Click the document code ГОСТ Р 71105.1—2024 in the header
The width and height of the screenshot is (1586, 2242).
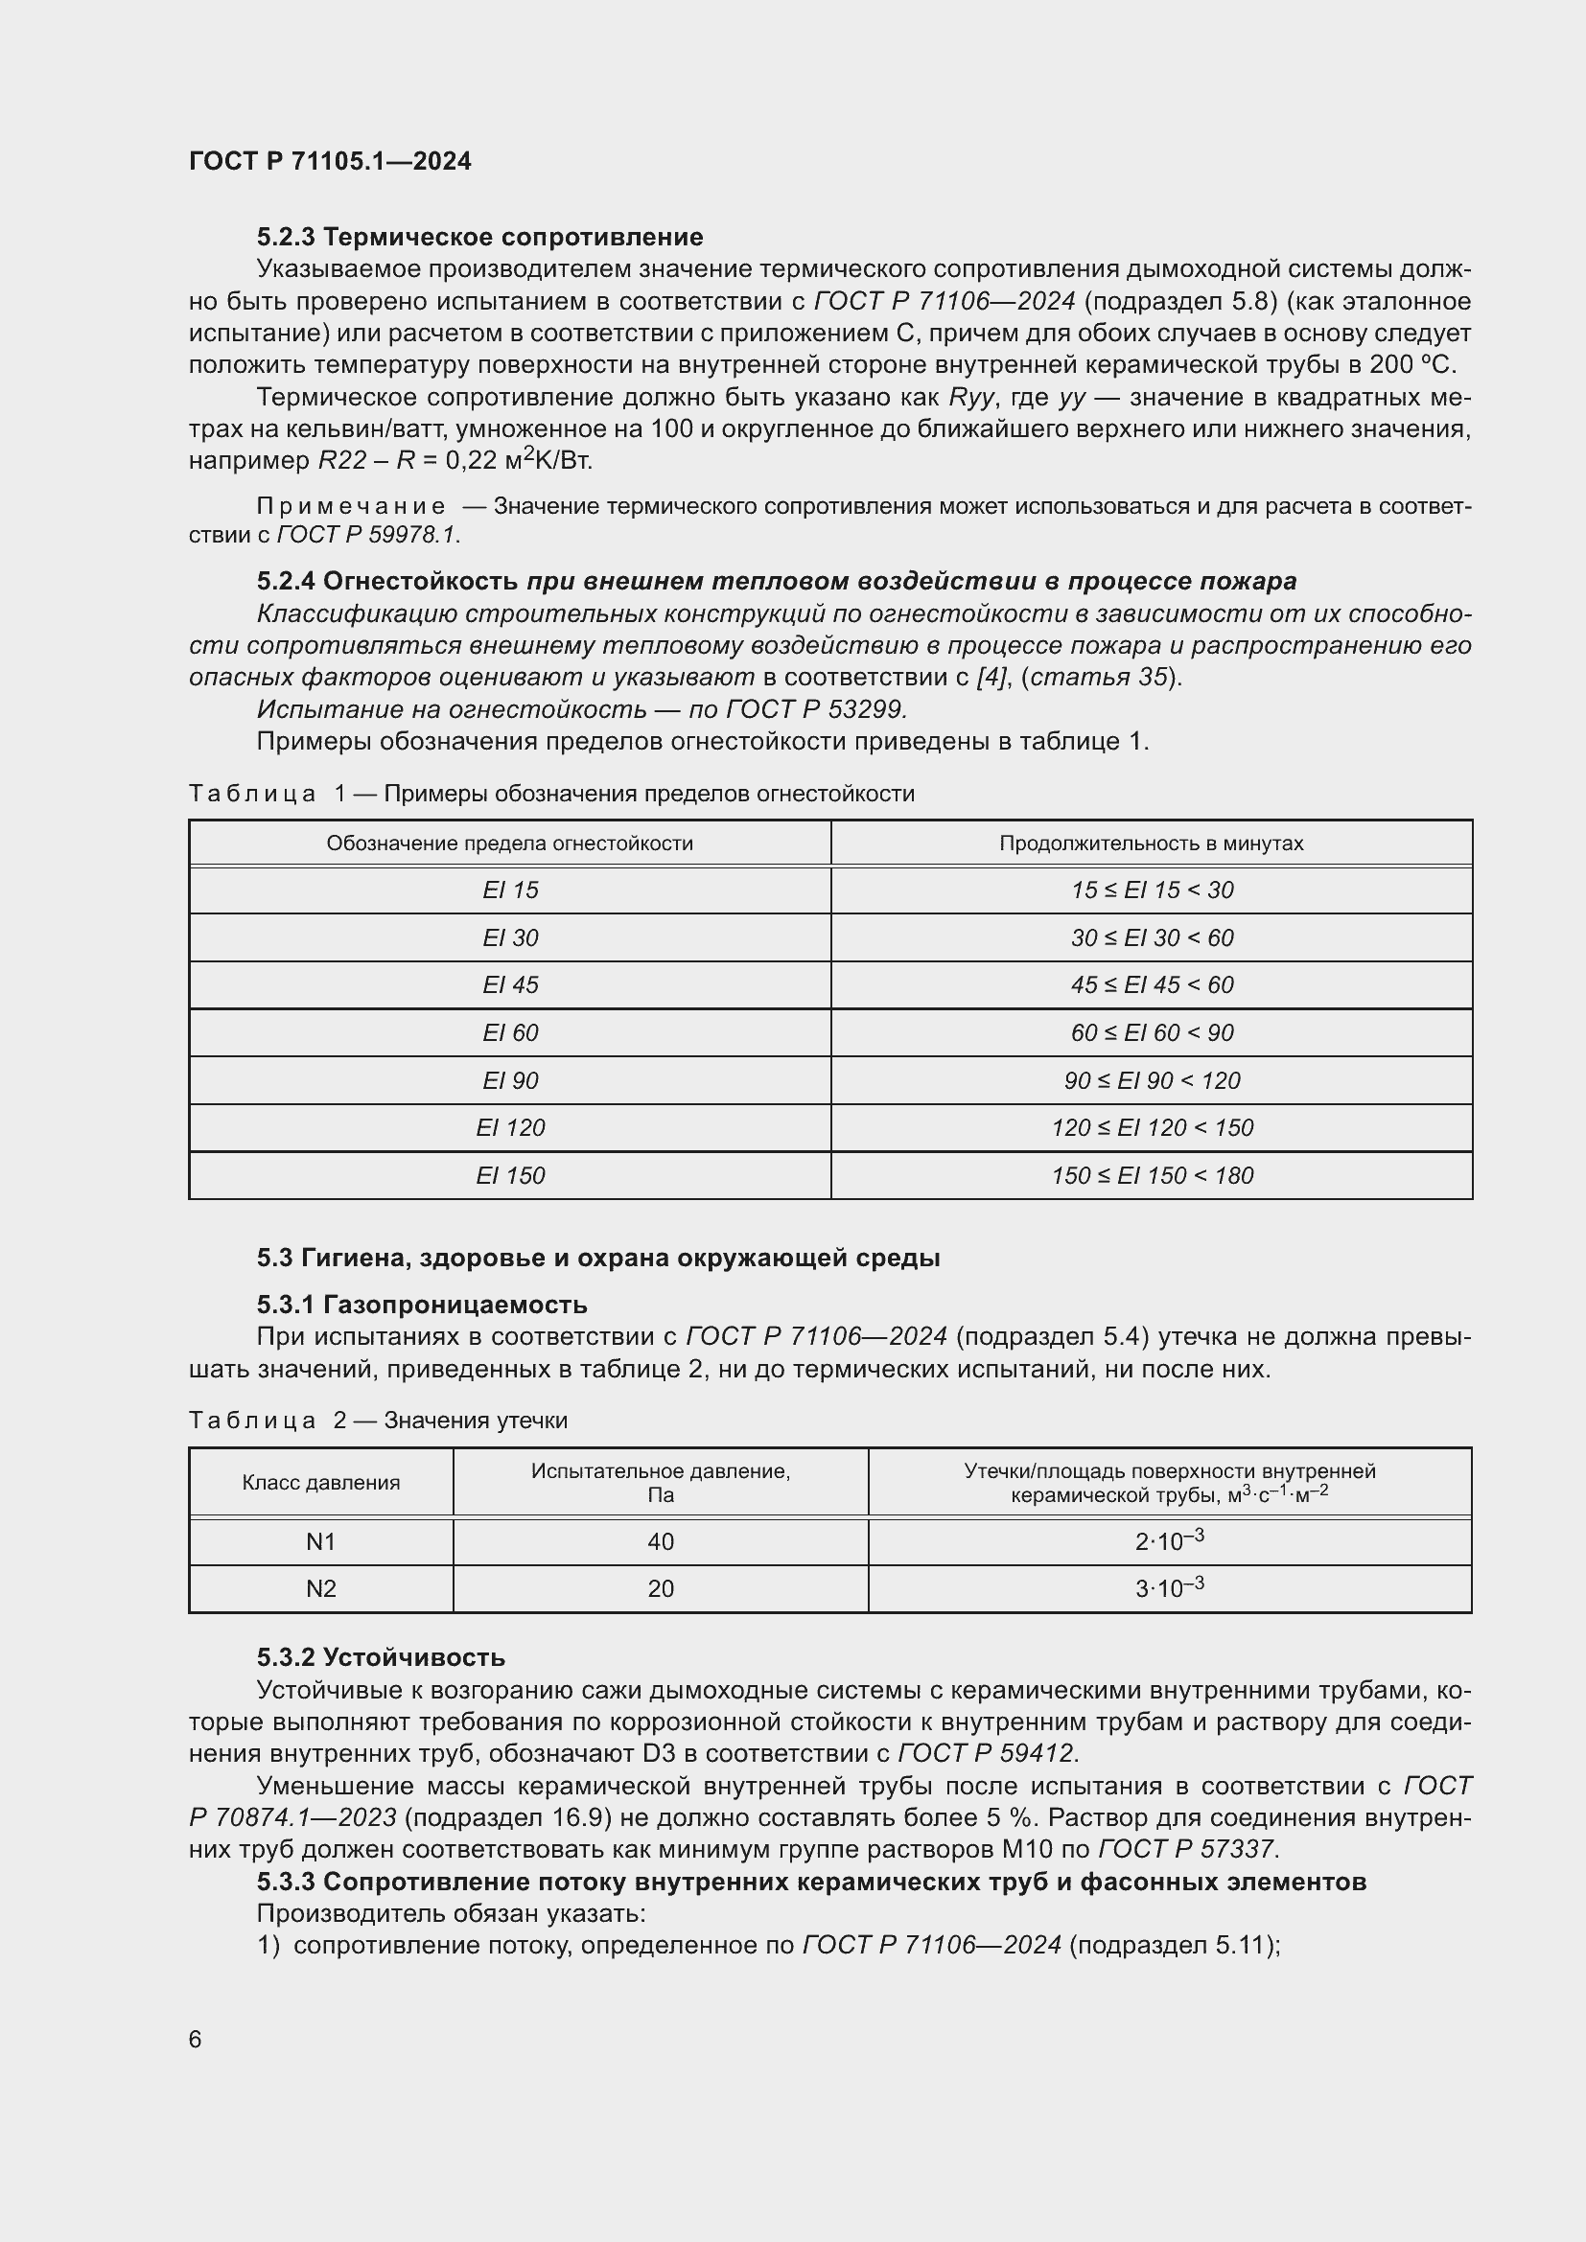click(x=329, y=161)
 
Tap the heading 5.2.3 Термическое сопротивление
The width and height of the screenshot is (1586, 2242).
click(x=479, y=237)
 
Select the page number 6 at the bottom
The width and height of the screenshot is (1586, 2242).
click(x=196, y=2039)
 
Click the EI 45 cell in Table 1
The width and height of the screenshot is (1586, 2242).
click(x=510, y=984)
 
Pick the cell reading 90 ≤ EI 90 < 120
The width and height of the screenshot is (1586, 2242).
click(x=1152, y=1080)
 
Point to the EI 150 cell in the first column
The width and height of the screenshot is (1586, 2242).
click(x=510, y=1175)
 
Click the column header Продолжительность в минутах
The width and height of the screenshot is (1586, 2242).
click(x=1151, y=843)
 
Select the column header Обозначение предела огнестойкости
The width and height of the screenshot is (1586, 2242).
click(x=510, y=843)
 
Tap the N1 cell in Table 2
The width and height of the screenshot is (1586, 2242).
click(x=320, y=1541)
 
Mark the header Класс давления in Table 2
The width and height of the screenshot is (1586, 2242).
click(x=320, y=1482)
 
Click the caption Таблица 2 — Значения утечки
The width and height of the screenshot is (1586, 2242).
click(x=378, y=1420)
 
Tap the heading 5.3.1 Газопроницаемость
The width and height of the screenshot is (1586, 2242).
click(x=422, y=1304)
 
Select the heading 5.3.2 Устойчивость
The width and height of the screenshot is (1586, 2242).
click(x=381, y=1657)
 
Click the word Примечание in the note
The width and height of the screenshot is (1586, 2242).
click(x=351, y=506)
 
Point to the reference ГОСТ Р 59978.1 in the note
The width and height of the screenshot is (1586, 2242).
click(x=367, y=534)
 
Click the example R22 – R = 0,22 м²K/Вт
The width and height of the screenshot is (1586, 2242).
click(x=455, y=459)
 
